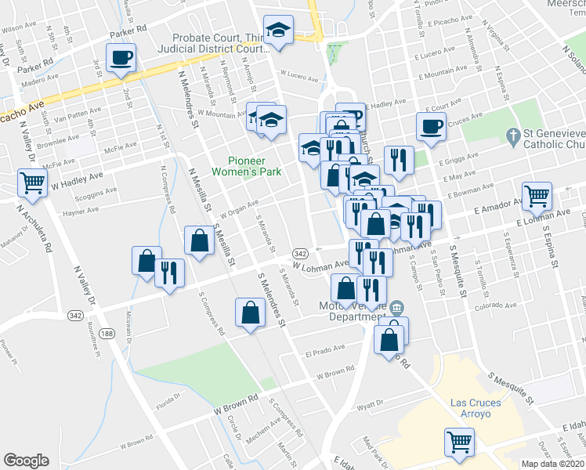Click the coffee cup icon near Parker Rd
pyautogui.click(x=122, y=57)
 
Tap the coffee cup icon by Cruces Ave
pyautogui.click(x=431, y=125)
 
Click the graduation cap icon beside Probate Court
pyautogui.click(x=277, y=31)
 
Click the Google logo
pyautogui.click(x=26, y=461)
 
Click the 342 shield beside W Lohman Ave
pyautogui.click(x=300, y=254)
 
